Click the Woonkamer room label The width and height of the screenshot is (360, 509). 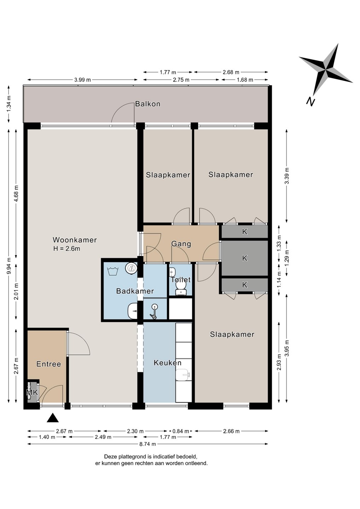(x=75, y=240)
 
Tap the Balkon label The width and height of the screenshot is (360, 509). (x=148, y=104)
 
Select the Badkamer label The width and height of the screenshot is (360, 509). (x=135, y=291)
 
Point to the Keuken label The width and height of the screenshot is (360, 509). (x=168, y=363)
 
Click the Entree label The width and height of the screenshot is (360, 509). (x=49, y=364)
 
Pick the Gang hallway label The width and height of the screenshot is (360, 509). (x=181, y=244)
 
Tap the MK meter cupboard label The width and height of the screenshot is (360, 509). (x=32, y=392)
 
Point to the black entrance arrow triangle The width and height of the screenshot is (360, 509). (x=53, y=418)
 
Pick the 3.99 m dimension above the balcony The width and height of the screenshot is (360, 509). (x=82, y=80)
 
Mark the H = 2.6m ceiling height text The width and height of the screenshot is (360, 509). (x=66, y=248)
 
